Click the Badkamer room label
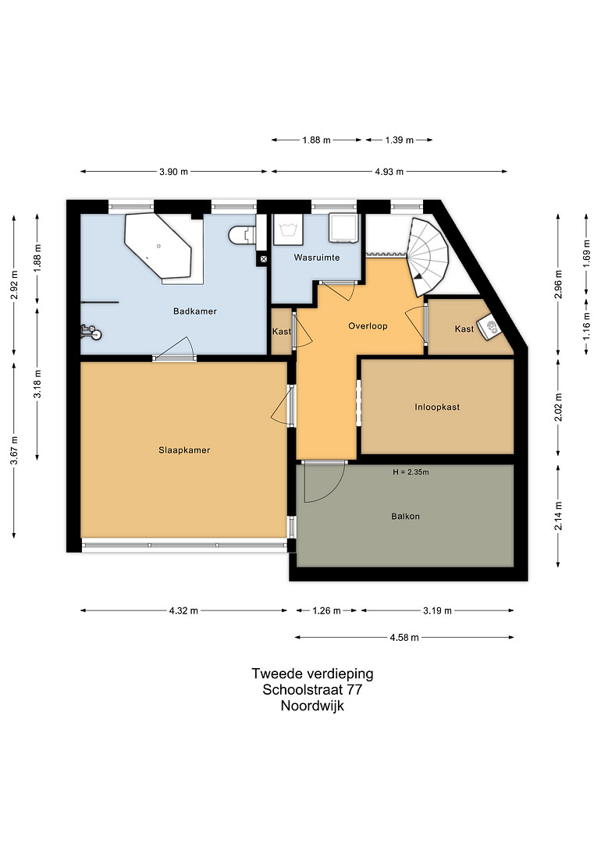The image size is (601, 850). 195,311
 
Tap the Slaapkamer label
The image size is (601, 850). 184,450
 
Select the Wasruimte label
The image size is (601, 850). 317,258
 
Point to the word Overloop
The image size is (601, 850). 368,325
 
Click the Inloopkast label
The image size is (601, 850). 437,407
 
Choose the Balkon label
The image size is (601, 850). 405,517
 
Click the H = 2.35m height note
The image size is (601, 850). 411,472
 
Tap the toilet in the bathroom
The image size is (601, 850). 243,236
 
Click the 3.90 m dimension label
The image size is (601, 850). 173,172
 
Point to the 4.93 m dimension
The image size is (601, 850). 389,172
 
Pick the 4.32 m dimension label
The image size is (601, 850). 183,611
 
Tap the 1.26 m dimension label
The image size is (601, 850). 326,611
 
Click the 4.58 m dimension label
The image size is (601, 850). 404,638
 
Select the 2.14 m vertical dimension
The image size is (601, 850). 559,516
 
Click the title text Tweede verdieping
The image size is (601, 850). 313,674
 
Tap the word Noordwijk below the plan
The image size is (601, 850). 312,706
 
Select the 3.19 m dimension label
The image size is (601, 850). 437,611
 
